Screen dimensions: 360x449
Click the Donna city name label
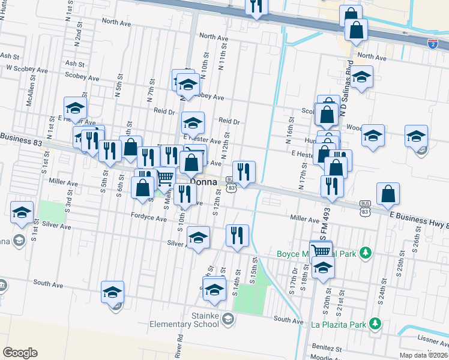pos(203,181)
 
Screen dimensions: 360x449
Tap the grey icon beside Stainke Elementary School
pos(227,318)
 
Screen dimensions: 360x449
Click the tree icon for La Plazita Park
pos(376,324)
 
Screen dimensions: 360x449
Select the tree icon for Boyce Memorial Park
pos(364,253)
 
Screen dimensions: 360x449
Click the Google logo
pos(20,352)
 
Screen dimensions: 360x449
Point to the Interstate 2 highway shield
pos(432,43)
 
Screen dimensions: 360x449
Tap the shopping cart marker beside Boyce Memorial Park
pos(321,250)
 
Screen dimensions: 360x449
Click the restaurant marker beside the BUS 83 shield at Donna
pos(244,172)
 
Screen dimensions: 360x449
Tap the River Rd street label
pos(179,347)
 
